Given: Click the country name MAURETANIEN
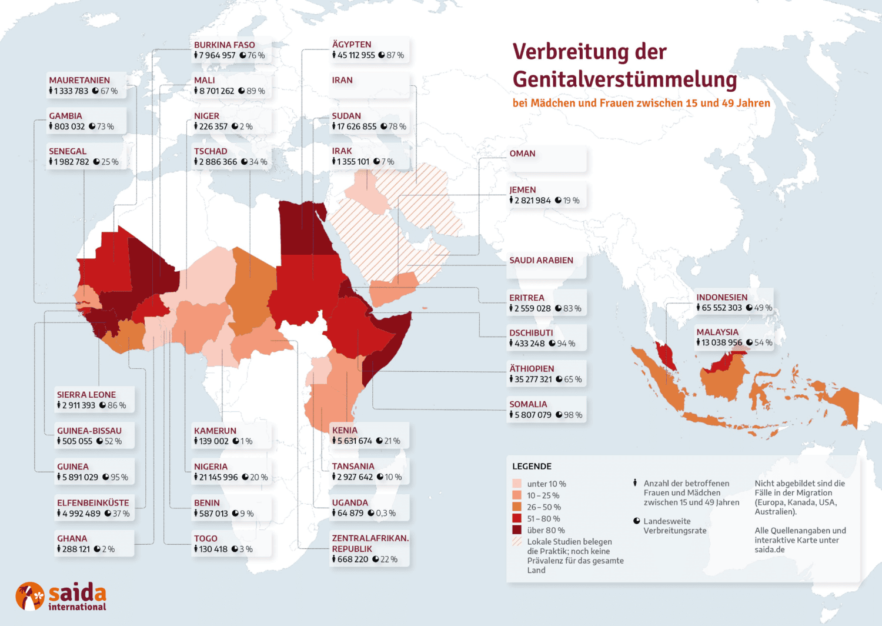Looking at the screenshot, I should pyautogui.click(x=79, y=80).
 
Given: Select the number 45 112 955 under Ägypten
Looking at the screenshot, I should pyautogui.click(x=356, y=55).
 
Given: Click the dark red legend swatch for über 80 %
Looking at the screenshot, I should pyautogui.click(x=517, y=530).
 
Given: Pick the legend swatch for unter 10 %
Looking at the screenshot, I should pyautogui.click(x=517, y=484).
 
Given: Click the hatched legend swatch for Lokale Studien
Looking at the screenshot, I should pyautogui.click(x=517, y=542).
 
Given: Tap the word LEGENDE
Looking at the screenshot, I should pyautogui.click(x=532, y=467).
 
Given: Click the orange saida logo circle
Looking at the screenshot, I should pyautogui.click(x=30, y=597).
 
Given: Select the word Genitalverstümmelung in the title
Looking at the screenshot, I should pyautogui.click(x=624, y=79).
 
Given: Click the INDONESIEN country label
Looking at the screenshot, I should pyautogui.click(x=722, y=298).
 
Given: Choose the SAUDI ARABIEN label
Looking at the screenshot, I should pyautogui.click(x=541, y=261).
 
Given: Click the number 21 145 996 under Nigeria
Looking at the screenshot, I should pyautogui.click(x=218, y=477).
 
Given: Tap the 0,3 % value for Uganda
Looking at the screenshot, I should pyautogui.click(x=386, y=513).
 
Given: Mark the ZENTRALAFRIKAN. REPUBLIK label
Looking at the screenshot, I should pyautogui.click(x=370, y=543).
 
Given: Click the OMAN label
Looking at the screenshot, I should pyautogui.click(x=522, y=154).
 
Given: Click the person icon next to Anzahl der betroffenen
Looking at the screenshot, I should pyautogui.click(x=635, y=483).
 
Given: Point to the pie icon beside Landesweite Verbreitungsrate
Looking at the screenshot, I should pyautogui.click(x=636, y=521).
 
